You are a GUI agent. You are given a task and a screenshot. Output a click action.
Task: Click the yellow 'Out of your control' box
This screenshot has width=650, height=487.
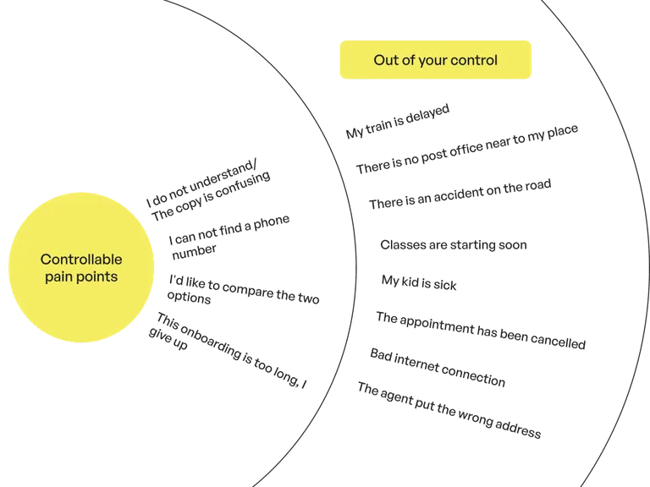click(435, 60)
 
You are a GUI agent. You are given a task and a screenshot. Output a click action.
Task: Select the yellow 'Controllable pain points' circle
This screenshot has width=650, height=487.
click(81, 267)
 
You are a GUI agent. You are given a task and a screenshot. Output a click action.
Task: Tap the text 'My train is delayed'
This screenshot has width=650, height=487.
click(398, 121)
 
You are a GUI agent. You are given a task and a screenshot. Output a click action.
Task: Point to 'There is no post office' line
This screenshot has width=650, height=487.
click(467, 149)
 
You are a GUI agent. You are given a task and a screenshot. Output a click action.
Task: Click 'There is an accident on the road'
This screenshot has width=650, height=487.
click(460, 194)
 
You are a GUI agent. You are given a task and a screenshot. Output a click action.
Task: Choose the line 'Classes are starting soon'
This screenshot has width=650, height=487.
click(454, 244)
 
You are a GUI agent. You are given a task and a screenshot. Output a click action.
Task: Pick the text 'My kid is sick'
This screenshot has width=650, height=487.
click(419, 282)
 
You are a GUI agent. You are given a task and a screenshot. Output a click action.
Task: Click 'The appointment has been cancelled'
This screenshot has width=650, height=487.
click(481, 331)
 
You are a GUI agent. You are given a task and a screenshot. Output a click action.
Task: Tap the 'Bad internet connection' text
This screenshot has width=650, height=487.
click(438, 368)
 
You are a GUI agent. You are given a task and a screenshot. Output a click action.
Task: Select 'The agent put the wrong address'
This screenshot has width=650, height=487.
click(449, 410)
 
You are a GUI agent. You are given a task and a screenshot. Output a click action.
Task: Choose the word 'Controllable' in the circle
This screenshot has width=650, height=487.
click(81, 260)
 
